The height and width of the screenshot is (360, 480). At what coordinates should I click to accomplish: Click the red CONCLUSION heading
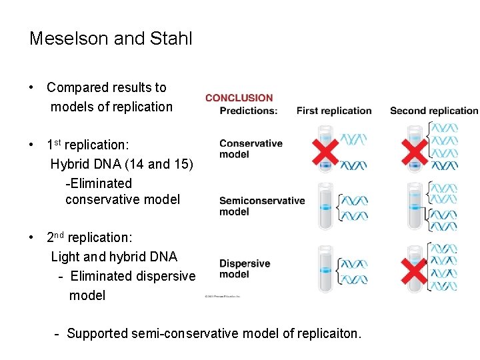239,98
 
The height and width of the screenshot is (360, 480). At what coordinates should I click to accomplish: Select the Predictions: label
248,111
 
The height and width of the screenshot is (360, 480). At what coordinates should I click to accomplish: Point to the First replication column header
334,111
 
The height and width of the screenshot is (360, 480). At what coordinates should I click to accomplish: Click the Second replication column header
434,111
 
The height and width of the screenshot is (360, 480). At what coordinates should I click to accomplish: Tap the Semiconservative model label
261,206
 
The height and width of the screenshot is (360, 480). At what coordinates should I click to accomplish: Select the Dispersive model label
244,269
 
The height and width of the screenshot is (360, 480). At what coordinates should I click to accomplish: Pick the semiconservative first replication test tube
325,207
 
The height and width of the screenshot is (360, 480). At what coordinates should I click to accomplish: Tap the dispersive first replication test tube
325,269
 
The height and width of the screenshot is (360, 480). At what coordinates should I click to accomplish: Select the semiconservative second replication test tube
415,207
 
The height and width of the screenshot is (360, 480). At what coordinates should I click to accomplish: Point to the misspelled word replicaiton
328,333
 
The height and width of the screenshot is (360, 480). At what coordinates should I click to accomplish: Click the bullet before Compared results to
32,88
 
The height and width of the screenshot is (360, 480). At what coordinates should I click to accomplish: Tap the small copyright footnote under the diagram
222,296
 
